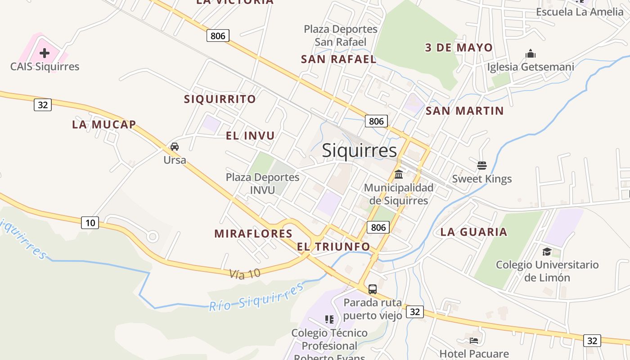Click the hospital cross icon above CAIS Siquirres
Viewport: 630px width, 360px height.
(x=44, y=53)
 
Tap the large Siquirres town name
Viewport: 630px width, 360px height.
(x=360, y=150)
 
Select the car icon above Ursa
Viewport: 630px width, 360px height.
(x=175, y=146)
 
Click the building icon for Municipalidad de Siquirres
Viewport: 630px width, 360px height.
(x=399, y=174)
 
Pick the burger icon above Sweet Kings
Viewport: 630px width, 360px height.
(x=482, y=166)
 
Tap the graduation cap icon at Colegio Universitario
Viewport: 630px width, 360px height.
(x=547, y=252)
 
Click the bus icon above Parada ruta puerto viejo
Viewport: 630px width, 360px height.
(x=373, y=289)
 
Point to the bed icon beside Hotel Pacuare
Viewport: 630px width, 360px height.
(x=474, y=340)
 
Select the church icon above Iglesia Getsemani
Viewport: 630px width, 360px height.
(x=531, y=54)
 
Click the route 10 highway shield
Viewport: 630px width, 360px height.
(x=90, y=222)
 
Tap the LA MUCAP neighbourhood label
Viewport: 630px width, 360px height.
(x=104, y=125)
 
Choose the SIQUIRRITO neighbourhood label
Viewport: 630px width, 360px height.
(x=220, y=99)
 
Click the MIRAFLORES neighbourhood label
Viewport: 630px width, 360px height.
(x=253, y=234)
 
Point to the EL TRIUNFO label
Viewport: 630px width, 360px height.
(x=333, y=247)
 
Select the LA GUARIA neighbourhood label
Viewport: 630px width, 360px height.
(x=474, y=232)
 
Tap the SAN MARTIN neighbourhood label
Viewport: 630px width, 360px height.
(x=465, y=111)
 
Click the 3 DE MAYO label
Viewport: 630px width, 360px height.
(x=459, y=47)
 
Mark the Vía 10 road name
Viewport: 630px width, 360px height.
(x=245, y=274)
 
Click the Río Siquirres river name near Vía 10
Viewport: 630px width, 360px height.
(x=257, y=297)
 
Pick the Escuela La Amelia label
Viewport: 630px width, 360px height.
(x=580, y=12)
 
